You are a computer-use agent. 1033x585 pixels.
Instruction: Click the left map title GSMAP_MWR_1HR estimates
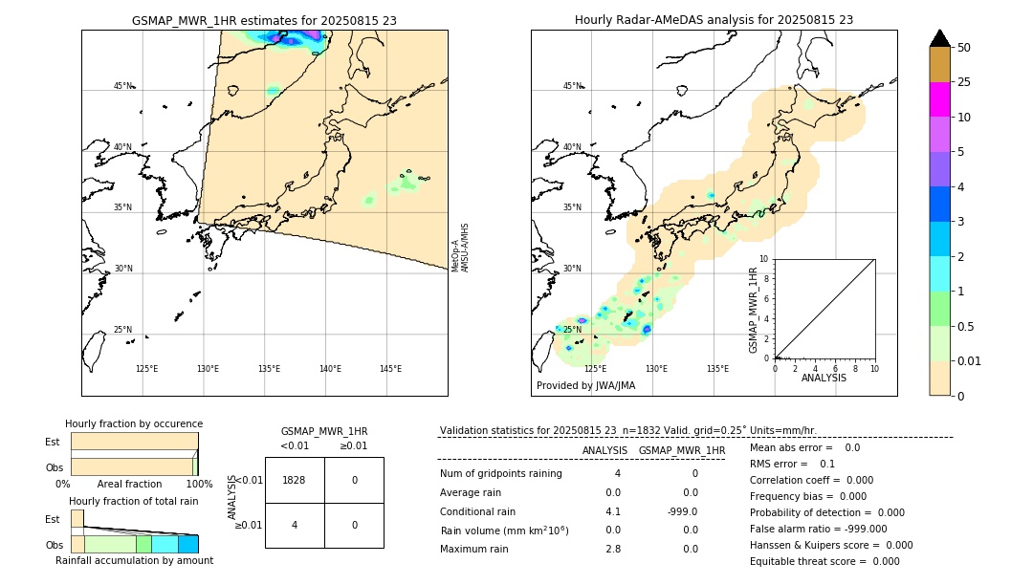click(x=264, y=20)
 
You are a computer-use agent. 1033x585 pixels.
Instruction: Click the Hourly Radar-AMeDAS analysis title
click(x=714, y=20)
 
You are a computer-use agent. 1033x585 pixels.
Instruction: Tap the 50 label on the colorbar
click(x=964, y=48)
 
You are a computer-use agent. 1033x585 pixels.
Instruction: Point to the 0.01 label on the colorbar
click(x=970, y=360)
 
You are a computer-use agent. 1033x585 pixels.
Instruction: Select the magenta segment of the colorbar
click(x=939, y=99)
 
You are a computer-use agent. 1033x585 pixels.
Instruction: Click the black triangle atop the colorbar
click(x=939, y=38)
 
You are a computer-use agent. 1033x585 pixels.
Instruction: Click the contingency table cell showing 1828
click(x=295, y=480)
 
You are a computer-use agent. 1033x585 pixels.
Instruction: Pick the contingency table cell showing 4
click(x=295, y=525)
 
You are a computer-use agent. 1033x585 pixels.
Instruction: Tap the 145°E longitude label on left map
click(x=390, y=369)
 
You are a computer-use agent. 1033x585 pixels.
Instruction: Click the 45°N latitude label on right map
click(x=572, y=86)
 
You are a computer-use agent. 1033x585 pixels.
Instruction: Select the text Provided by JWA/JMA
click(x=585, y=385)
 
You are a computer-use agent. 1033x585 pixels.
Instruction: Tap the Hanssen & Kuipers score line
click(x=830, y=545)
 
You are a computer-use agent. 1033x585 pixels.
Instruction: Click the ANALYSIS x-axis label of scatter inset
click(x=824, y=378)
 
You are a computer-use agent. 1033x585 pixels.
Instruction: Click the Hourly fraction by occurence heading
click(x=134, y=423)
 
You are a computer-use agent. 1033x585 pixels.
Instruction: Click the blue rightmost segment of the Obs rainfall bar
click(x=187, y=544)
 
